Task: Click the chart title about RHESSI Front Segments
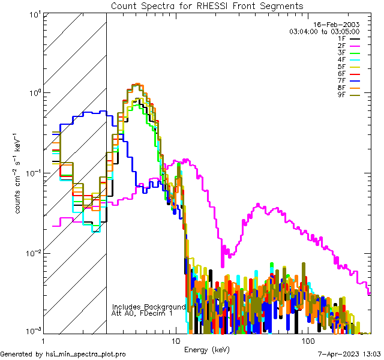(x=207, y=6)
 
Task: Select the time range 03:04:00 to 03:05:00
(x=324, y=32)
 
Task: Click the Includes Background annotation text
(x=149, y=307)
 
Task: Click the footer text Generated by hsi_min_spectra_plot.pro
(x=64, y=354)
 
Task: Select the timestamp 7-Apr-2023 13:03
(x=349, y=354)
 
